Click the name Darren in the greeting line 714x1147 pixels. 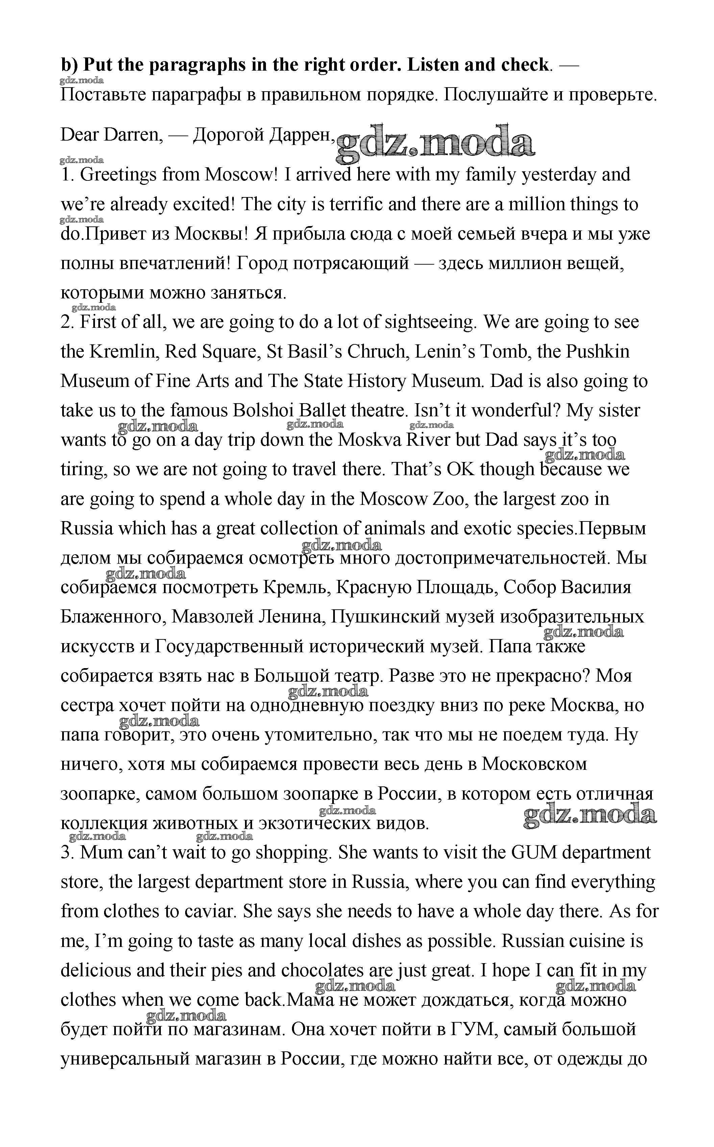coord(133,135)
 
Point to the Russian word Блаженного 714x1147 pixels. coord(113,617)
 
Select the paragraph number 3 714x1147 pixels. coord(66,853)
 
